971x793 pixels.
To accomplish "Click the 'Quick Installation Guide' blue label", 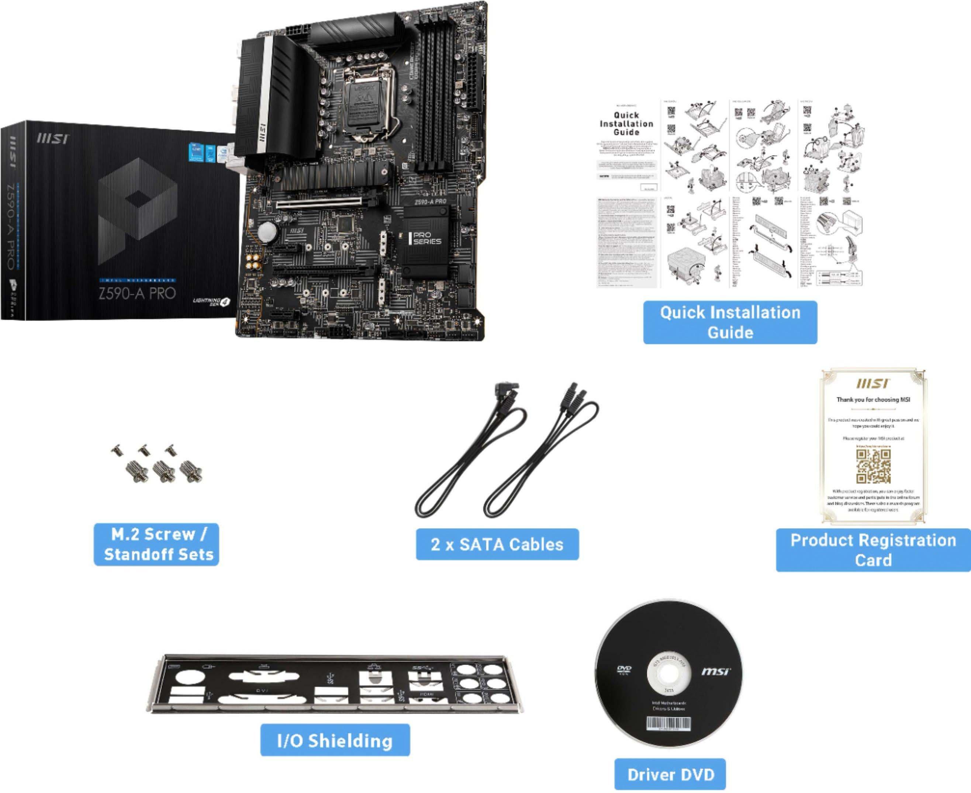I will pos(730,322).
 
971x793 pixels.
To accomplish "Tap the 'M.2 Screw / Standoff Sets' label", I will pos(156,544).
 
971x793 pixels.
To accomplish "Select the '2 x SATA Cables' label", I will pos(497,544).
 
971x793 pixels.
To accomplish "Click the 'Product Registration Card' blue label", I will pos(873,550).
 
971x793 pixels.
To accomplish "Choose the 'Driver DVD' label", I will pos(670,774).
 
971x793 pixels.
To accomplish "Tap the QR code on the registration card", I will pos(873,466).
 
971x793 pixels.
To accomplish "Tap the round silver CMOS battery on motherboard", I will pos(267,232).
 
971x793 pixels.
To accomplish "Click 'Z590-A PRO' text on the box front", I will pos(137,293).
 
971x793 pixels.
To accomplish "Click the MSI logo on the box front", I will pos(53,138).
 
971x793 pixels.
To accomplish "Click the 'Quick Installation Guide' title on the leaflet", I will pos(626,123).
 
